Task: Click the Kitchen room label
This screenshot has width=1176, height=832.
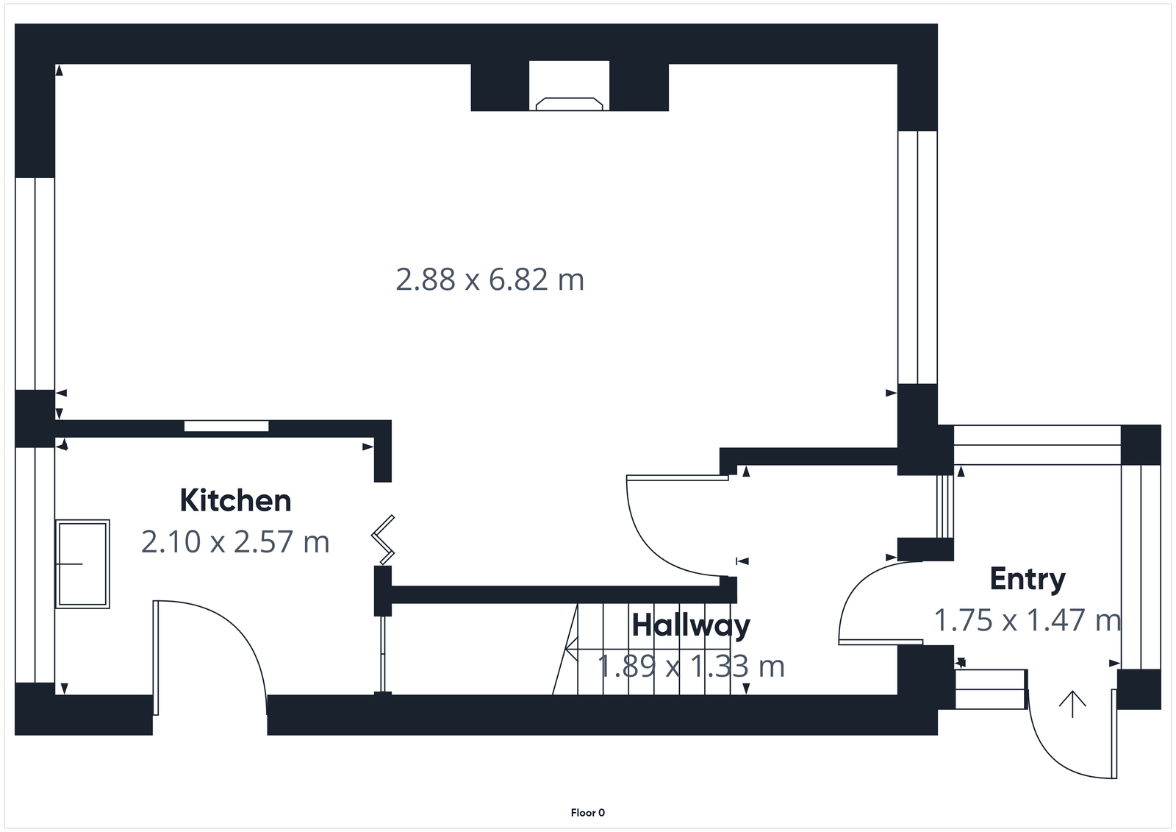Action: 235,501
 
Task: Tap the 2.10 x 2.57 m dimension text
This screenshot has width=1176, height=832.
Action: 235,542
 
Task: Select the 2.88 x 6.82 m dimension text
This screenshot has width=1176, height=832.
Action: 490,280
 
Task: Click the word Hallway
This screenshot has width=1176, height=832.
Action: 691,626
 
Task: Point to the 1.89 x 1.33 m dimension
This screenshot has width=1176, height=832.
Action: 691,666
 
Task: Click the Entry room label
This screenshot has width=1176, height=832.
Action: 1027,579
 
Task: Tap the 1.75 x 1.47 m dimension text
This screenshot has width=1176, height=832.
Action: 1027,620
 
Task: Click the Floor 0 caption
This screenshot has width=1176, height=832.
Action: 587,813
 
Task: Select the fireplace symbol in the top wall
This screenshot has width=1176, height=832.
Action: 570,103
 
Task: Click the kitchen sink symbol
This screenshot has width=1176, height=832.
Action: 82,563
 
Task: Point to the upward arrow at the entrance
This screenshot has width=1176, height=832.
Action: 1072,704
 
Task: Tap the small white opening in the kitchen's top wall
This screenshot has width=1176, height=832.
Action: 226,426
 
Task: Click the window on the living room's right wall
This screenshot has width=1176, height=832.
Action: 917,257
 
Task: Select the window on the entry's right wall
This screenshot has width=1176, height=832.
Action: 1140,566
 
